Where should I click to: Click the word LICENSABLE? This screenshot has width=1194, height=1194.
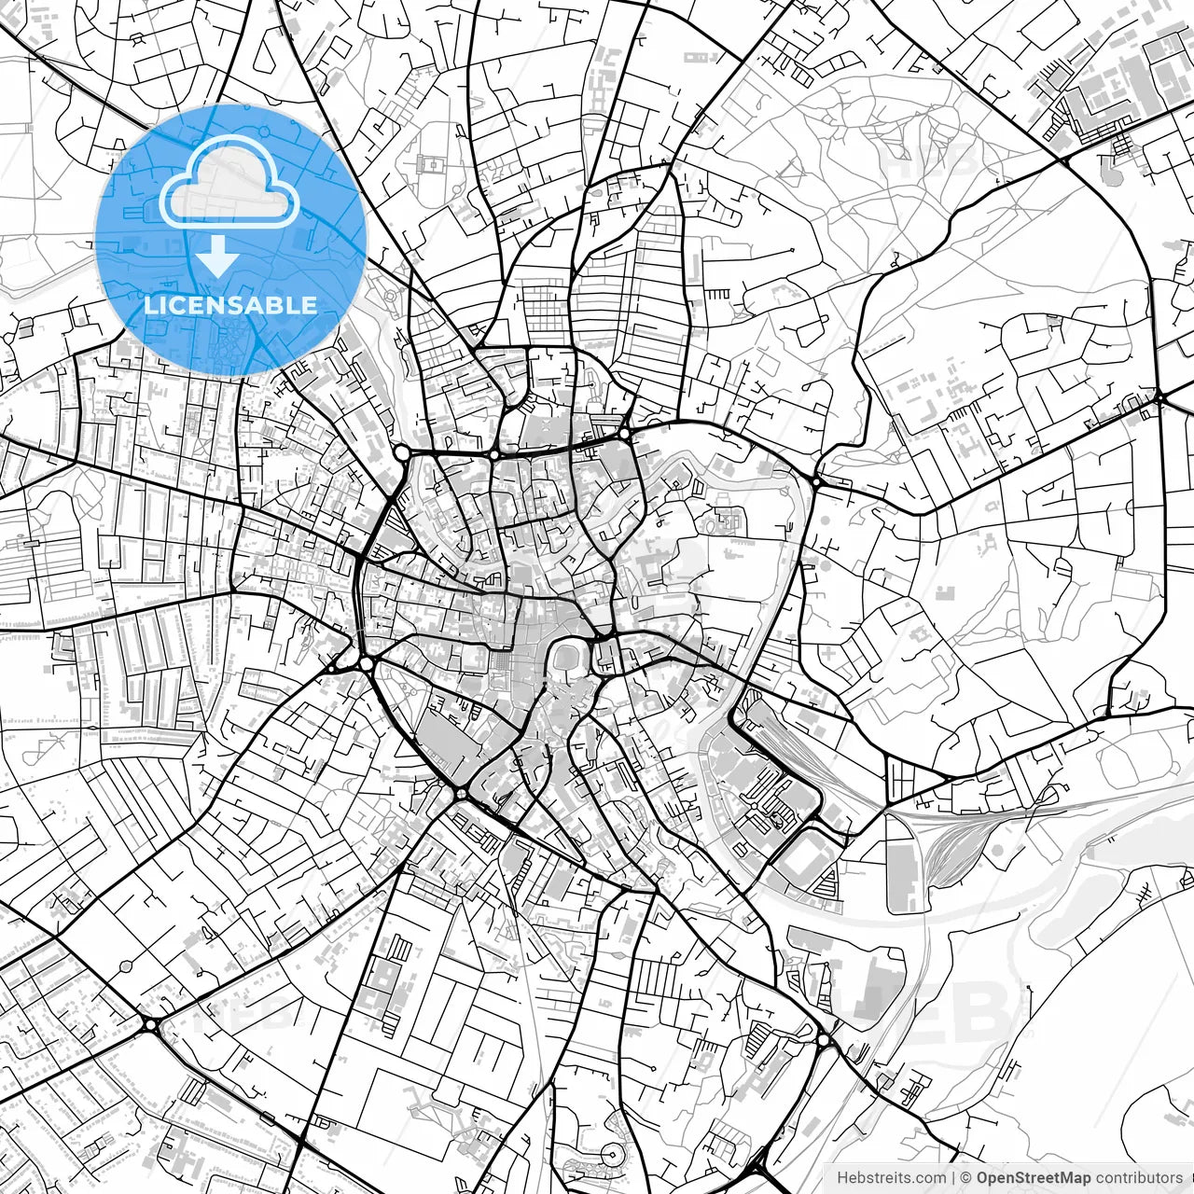point(230,305)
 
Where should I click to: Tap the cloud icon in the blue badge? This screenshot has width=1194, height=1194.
point(229,184)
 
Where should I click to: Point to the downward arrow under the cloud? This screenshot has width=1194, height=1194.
point(217,256)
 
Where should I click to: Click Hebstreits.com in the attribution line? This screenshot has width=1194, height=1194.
point(891,1178)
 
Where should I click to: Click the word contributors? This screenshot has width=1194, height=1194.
point(1138,1178)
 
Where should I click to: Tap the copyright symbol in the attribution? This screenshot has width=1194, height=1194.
point(967,1178)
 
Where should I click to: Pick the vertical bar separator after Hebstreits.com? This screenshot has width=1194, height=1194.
point(952,1178)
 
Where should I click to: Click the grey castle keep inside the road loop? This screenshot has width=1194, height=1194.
point(567,659)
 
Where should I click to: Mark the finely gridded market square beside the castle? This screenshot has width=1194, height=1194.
point(505,668)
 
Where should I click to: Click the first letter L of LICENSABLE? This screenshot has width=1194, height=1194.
point(149,305)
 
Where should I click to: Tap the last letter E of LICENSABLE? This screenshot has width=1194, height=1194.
point(310,305)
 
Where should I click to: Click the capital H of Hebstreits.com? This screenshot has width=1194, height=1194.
point(842,1178)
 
